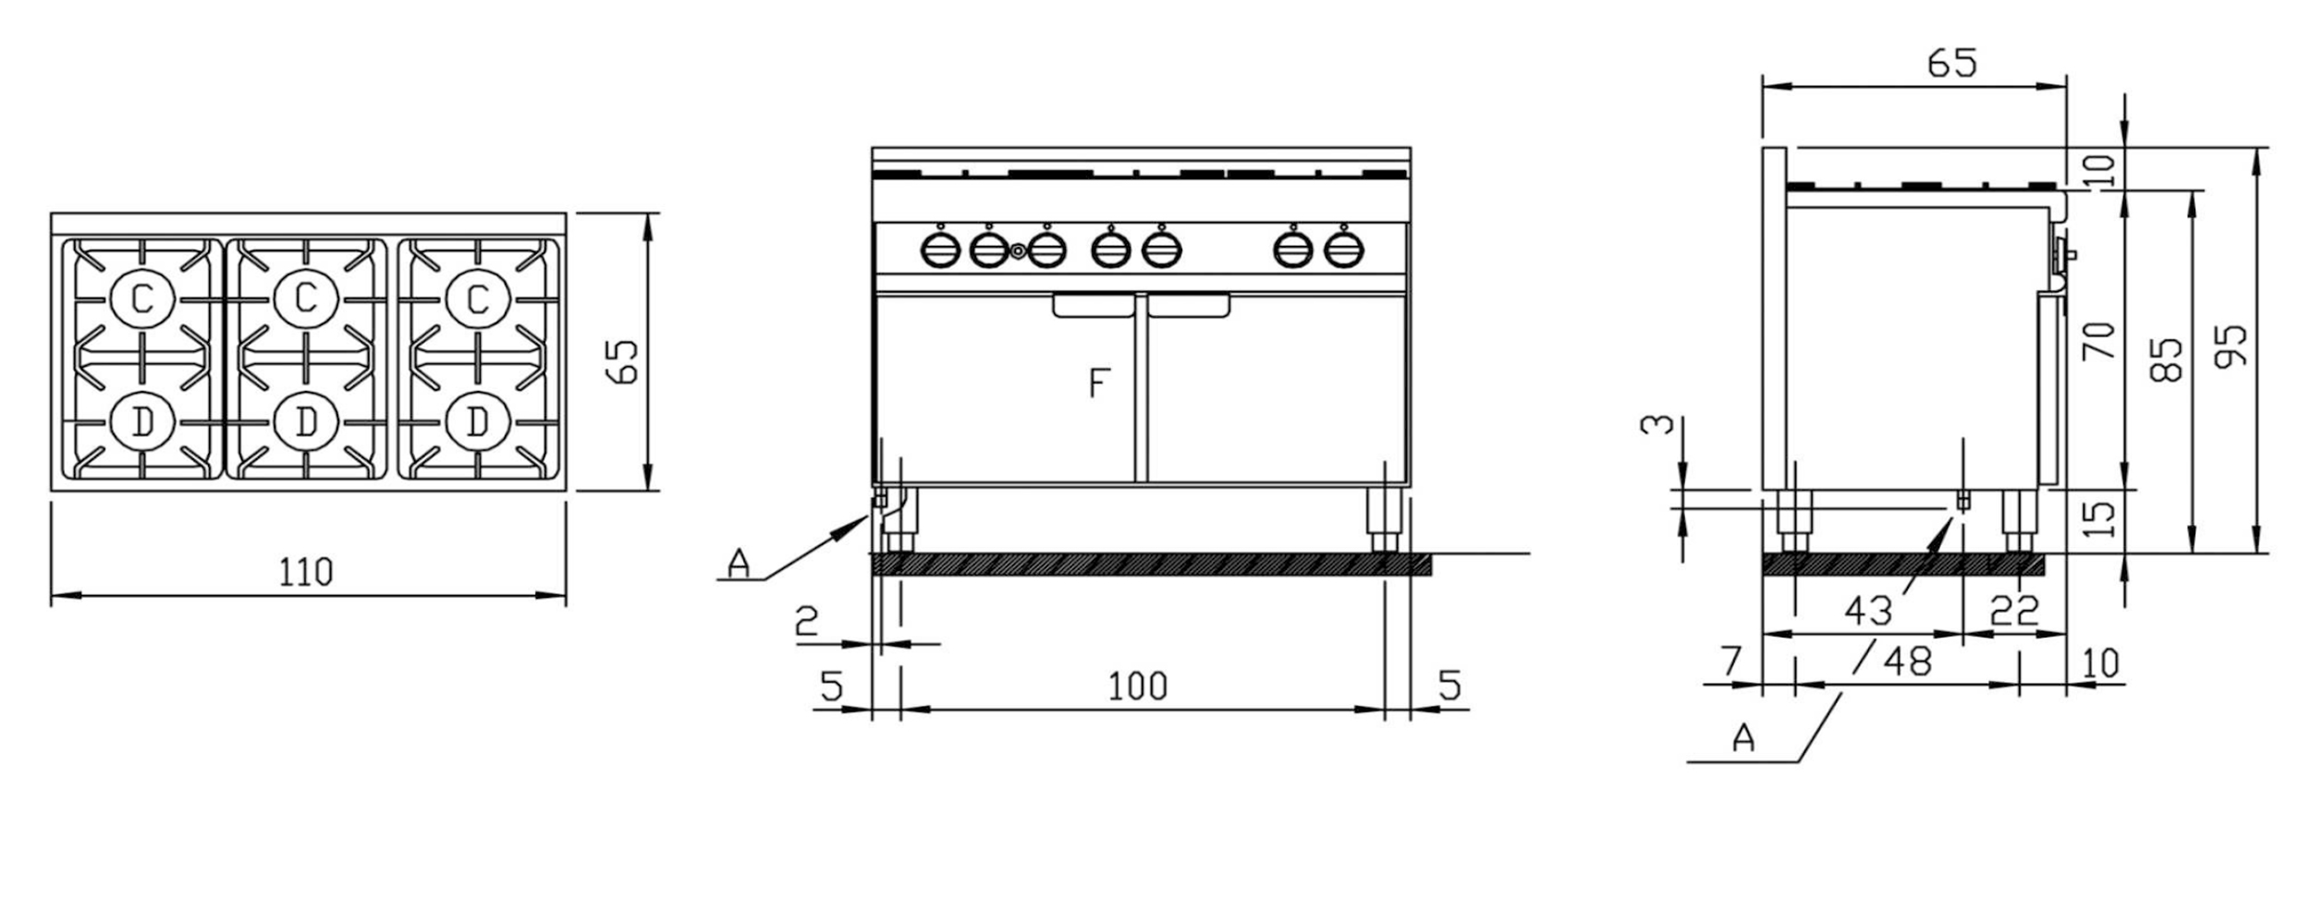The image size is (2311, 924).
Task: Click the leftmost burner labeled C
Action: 141,298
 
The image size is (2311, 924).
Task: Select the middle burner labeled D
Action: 306,421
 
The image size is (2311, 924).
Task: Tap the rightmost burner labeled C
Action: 477,298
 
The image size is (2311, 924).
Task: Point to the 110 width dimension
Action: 306,573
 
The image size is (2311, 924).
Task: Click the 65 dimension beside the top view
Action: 623,362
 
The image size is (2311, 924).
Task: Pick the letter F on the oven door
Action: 1098,383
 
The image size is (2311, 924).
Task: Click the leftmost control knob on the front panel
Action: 940,249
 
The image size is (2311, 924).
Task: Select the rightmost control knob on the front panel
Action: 1343,249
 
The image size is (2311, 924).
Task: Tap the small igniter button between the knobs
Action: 1018,250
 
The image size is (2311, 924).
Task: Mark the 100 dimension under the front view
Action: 1137,686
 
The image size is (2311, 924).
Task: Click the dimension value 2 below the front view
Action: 807,622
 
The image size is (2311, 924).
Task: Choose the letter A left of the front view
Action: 739,562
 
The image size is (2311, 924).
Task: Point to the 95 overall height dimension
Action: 2233,346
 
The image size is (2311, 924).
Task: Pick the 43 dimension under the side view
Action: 1868,611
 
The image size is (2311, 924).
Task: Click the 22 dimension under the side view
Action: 2015,611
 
